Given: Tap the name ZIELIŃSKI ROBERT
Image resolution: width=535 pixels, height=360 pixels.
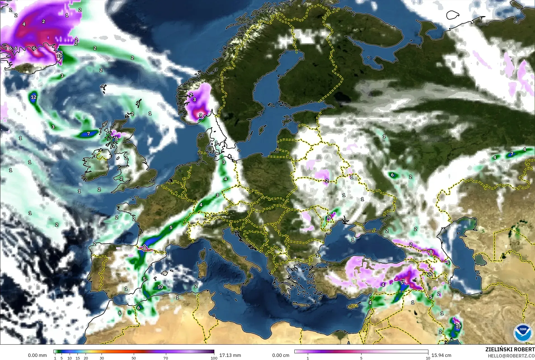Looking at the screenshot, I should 510,350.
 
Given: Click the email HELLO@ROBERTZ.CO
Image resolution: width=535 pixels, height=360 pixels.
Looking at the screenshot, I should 511,356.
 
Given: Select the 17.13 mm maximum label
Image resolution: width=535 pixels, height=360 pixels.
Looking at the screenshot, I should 230,355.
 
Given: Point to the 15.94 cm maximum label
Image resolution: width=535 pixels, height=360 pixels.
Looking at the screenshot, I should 441,355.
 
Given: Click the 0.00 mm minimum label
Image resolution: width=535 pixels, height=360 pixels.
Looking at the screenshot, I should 37,355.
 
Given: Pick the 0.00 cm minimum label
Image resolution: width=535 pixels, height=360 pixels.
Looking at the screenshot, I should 281,355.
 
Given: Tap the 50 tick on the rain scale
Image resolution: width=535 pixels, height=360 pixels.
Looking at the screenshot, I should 134,358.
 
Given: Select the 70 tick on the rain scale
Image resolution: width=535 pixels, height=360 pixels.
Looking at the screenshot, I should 166,358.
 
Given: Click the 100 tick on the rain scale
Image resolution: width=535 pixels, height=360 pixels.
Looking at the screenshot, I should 214,358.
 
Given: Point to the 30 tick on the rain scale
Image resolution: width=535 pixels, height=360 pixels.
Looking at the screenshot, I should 102,358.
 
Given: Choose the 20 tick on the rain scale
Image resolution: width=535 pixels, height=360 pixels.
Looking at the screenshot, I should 86,358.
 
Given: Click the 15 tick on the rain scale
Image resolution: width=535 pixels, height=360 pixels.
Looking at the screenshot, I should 78,358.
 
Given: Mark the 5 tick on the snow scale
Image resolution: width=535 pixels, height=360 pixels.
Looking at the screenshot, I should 361,358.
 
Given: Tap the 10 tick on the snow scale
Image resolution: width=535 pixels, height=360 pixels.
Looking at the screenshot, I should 428,358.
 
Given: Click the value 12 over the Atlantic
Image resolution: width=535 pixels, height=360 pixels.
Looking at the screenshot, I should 34,97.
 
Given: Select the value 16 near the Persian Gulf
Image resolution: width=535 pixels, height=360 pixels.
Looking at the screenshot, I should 458,325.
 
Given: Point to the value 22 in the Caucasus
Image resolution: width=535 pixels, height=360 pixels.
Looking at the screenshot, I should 430,274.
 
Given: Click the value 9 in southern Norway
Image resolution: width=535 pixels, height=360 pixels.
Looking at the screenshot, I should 200,115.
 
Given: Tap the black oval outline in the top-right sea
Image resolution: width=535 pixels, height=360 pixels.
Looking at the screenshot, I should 454,15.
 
